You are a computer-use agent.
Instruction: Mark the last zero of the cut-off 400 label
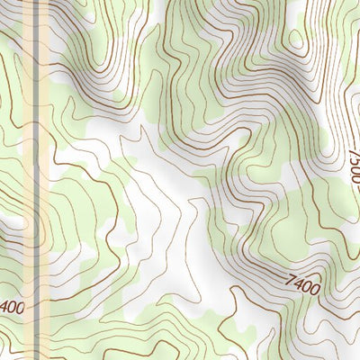point(20,307)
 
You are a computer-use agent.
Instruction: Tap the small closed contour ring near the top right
point(295,39)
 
